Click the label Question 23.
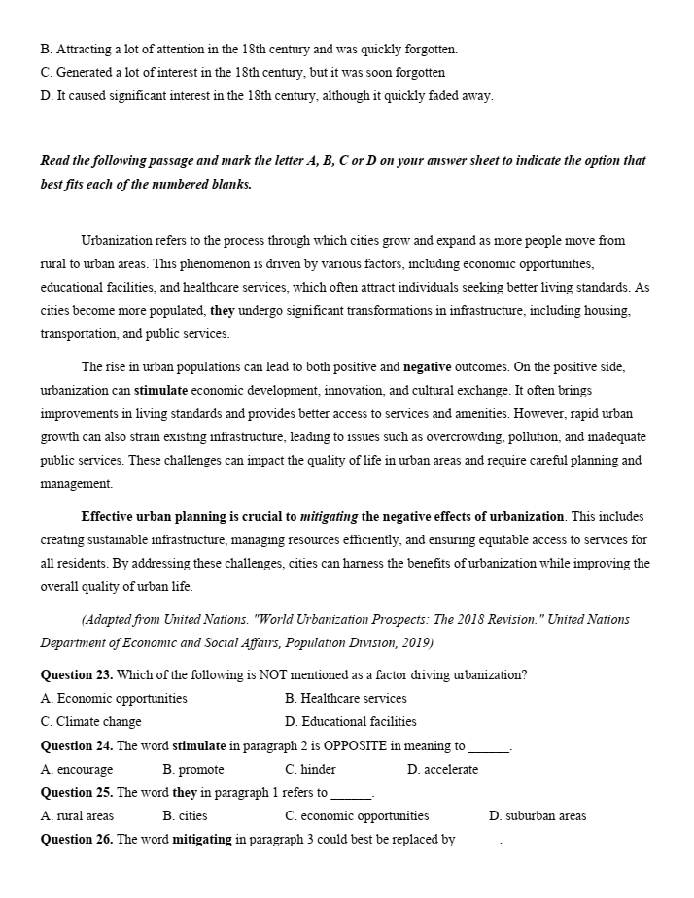point(76,675)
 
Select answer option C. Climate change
point(91,722)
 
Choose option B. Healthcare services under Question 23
point(346,699)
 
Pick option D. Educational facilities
point(351,722)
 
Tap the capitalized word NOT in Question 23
point(274,675)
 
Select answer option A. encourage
point(77,769)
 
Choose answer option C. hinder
point(311,769)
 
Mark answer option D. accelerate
point(443,769)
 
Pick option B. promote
point(193,769)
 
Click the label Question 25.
point(76,792)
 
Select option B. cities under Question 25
point(186,815)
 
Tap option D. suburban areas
point(538,815)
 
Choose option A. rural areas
point(77,815)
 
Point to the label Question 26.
point(76,839)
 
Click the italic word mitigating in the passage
point(330,516)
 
